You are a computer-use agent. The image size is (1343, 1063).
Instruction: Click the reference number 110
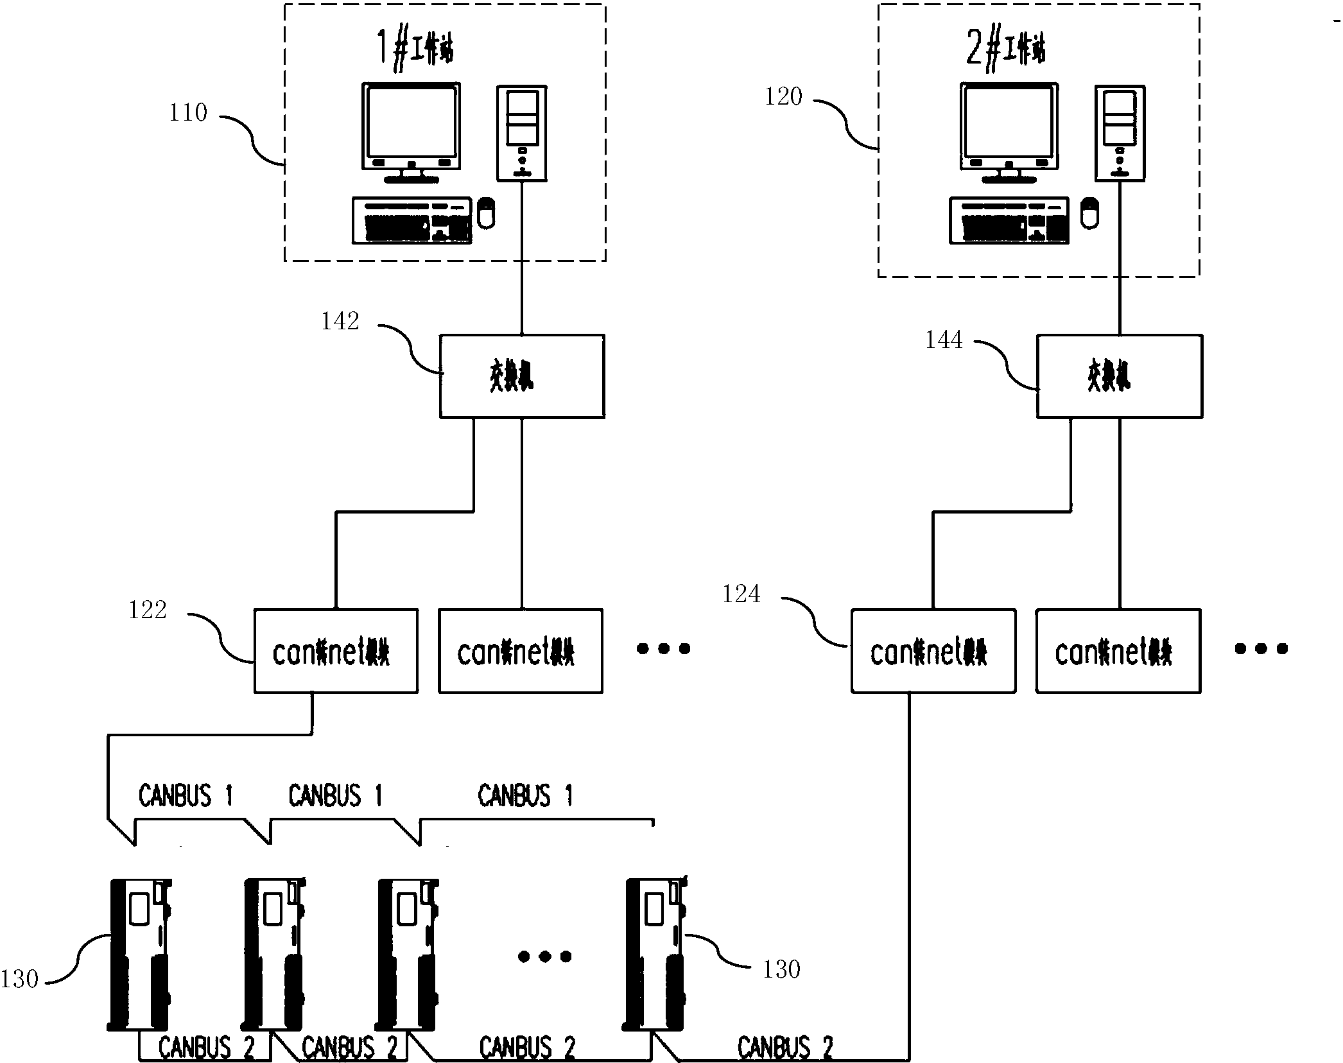[x=188, y=113]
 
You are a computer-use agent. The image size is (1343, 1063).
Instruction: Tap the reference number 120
[x=783, y=97]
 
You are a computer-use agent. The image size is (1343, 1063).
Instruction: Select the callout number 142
[x=340, y=322]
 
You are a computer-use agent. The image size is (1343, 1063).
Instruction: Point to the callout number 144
[x=944, y=340]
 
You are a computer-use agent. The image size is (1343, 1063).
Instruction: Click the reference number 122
[x=148, y=609]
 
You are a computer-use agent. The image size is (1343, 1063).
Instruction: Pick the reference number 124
[x=741, y=594]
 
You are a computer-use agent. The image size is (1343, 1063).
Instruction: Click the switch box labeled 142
[x=521, y=376]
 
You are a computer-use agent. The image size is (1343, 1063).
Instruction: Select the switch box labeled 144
[x=1119, y=376]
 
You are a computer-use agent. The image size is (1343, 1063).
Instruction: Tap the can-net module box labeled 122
[x=336, y=651]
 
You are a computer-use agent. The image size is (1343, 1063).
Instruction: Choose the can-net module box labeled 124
[x=933, y=651]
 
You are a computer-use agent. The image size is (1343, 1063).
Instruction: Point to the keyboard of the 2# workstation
[x=1009, y=221]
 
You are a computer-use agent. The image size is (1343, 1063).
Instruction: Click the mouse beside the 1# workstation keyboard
[x=487, y=213]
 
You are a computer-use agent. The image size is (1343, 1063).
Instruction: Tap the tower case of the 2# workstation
[x=1120, y=134]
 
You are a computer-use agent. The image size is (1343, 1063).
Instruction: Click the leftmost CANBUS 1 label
[x=185, y=796]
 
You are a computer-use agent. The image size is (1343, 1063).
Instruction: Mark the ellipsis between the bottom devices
[x=544, y=957]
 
